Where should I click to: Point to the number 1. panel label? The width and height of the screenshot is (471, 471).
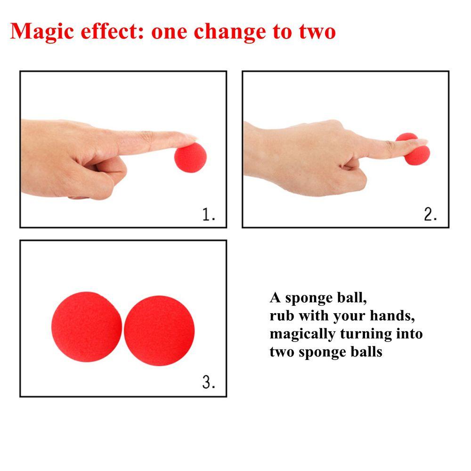209,214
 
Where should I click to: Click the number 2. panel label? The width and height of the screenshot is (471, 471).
430,214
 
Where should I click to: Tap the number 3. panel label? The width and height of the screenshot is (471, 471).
209,382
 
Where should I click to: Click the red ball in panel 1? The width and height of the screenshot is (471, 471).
191,157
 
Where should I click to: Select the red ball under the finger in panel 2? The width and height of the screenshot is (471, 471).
414,150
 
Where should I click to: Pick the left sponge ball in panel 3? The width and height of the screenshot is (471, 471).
87,327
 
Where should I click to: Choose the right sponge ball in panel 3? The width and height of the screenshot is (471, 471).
159,331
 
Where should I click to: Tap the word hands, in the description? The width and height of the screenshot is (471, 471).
392,316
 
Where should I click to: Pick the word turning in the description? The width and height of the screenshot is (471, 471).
366,334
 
